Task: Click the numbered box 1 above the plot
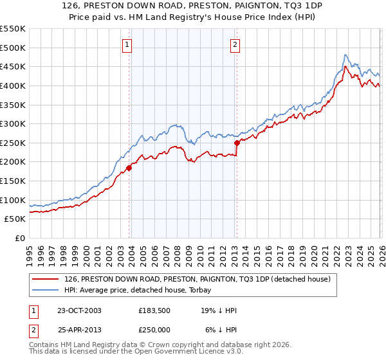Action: (127, 44)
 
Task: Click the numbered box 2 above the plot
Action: (235, 44)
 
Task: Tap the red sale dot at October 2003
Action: (129, 168)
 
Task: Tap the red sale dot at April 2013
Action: (237, 143)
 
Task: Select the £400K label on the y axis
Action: (13, 85)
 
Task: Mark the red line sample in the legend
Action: (46, 279)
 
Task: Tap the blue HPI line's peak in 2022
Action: (345, 55)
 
